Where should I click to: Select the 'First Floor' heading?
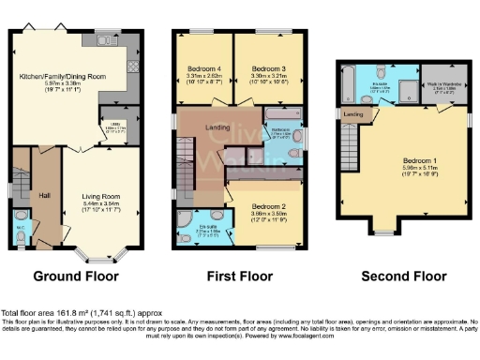click(240, 277)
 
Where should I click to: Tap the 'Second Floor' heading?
click(403, 277)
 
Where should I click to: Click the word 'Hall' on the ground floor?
click(44, 194)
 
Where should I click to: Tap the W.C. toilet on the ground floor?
click(22, 234)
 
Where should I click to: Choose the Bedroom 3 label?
click(263, 67)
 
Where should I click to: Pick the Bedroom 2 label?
click(262, 206)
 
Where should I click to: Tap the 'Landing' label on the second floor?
click(354, 114)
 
